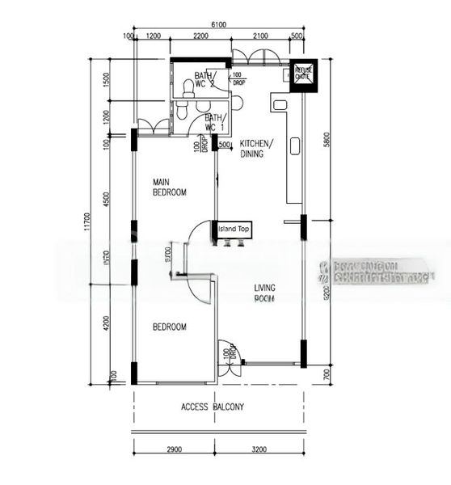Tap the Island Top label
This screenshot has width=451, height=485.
click(234, 230)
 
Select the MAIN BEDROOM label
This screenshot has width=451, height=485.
click(170, 188)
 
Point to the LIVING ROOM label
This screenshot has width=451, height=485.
click(264, 293)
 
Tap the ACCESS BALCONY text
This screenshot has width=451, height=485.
click(212, 407)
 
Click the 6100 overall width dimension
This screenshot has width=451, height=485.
click(218, 26)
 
